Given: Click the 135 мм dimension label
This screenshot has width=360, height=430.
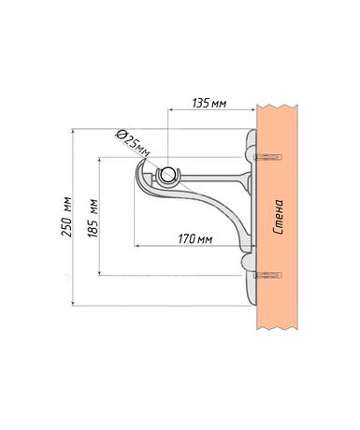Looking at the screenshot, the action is (209, 103).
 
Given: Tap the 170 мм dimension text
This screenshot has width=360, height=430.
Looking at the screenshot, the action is (195, 239).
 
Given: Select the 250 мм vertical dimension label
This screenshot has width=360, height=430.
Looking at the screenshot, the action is (67, 217).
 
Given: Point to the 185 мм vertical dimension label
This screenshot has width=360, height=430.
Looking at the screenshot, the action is (93, 218).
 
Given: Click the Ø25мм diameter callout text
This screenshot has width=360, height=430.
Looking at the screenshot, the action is (132, 143).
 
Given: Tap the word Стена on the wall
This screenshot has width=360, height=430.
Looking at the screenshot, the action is (278, 217).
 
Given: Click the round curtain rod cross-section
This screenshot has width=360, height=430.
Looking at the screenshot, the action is (168, 174).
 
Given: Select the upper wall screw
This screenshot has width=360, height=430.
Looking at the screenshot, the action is (267, 157).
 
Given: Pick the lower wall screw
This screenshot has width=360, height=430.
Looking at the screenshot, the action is (267, 275).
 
